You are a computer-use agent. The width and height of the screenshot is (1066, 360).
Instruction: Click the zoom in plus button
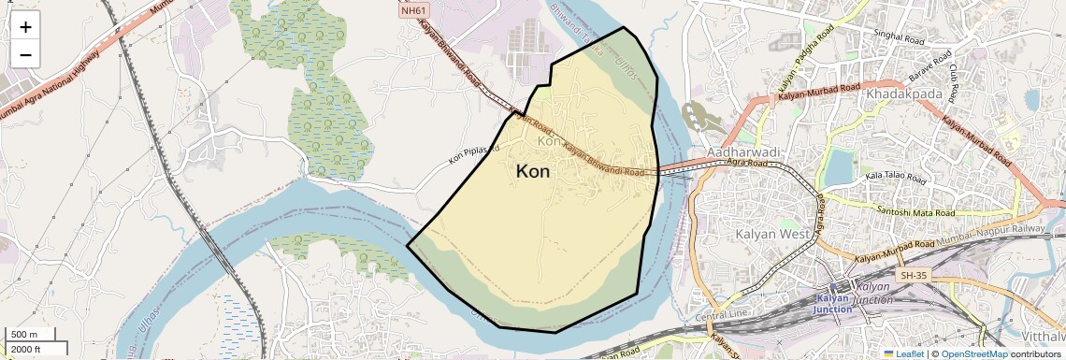[x=25, y=27]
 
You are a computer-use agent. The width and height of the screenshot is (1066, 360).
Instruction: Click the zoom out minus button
[x=25, y=54]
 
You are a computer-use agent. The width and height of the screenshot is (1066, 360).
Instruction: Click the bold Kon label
[x=533, y=172]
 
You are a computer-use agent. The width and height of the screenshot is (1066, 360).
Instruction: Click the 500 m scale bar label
[x=24, y=335]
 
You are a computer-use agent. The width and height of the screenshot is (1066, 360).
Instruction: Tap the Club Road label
[x=955, y=82]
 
